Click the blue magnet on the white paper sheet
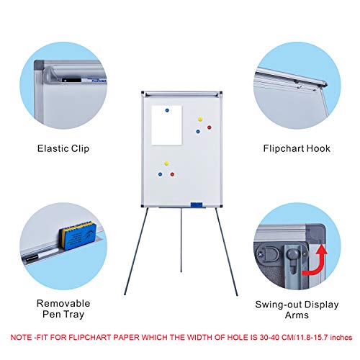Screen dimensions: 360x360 tap(167, 110)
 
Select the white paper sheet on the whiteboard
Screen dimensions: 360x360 tap(166, 125)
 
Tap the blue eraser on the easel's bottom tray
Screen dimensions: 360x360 tap(197, 204)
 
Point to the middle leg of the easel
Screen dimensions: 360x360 tap(181, 240)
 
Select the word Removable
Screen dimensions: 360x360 tap(63, 303)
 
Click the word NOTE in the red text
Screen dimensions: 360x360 tap(22, 338)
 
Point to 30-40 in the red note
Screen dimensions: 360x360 tap(269, 338)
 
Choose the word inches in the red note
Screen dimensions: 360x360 tap(341, 338)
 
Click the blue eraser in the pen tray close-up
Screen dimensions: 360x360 tap(78, 236)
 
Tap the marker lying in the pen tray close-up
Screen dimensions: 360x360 tap(42, 255)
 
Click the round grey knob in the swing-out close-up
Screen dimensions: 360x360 tap(292, 253)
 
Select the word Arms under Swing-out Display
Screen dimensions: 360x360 tap(297, 315)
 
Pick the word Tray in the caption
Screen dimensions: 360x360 tap(73, 315)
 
